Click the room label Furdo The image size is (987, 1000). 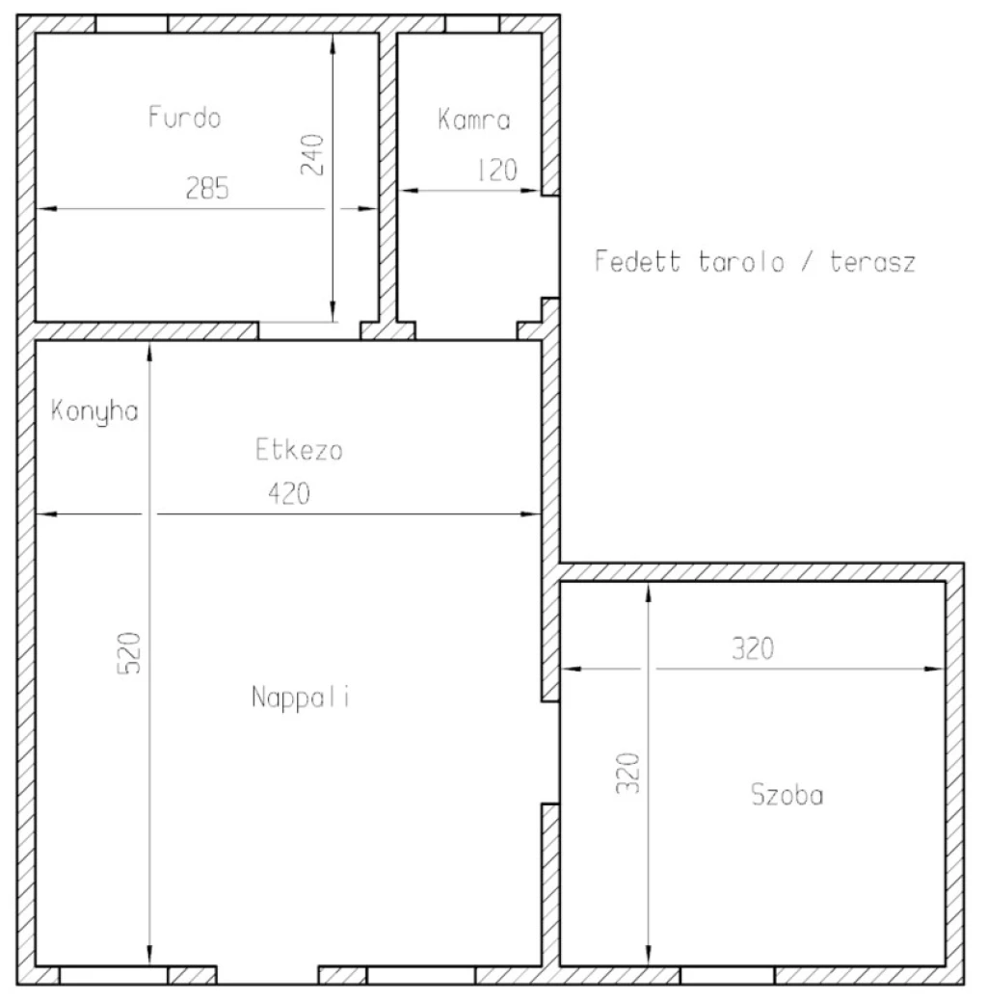(184, 118)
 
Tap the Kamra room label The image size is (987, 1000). (474, 119)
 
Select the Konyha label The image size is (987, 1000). (94, 410)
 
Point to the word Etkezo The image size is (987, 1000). (299, 450)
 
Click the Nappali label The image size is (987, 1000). (301, 697)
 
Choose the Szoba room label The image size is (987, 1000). (787, 795)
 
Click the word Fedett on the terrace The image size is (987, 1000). (637, 261)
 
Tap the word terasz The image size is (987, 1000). (872, 262)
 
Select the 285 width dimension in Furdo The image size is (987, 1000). (206, 188)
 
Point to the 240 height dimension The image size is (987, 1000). (312, 155)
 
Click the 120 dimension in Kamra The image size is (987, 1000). (497, 170)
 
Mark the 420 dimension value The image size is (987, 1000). (289, 493)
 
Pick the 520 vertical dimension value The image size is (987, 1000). (129, 653)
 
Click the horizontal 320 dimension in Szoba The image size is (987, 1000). (753, 648)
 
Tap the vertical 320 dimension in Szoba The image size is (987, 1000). (627, 773)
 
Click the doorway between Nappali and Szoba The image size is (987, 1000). (550, 752)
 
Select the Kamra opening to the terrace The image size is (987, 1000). (550, 247)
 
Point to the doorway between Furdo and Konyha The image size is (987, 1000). (309, 330)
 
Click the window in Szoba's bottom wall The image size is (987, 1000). (728, 976)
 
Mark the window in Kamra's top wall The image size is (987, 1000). (472, 23)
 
